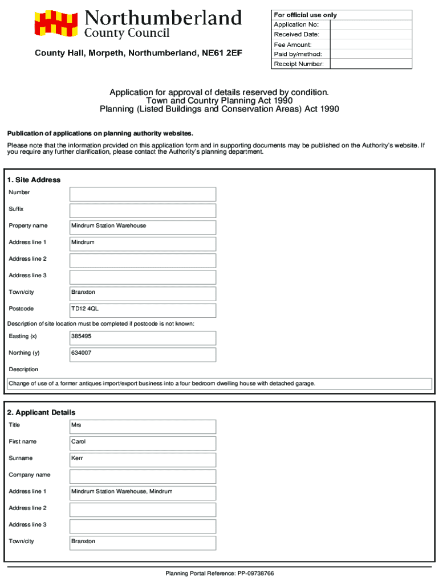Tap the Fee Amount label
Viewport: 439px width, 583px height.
coord(292,44)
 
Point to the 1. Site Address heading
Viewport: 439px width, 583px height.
coord(34,180)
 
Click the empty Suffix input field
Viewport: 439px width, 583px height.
coord(143,211)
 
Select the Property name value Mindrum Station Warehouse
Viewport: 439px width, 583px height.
coord(108,226)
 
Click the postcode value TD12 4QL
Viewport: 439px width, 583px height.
coord(85,309)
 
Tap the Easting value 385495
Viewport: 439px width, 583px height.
coord(81,336)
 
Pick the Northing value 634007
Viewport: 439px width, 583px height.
coord(81,353)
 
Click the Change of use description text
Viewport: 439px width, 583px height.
coord(161,384)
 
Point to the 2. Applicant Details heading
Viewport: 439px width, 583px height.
coord(41,412)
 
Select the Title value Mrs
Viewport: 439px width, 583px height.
coord(76,425)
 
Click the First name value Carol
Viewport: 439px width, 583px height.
coord(78,442)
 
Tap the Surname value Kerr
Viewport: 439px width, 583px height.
coord(77,458)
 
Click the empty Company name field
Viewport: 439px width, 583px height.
coord(143,477)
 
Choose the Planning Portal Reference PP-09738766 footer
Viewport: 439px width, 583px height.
coord(219,573)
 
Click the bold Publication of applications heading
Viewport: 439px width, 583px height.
coord(100,134)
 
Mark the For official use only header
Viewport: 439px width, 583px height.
coord(305,15)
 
